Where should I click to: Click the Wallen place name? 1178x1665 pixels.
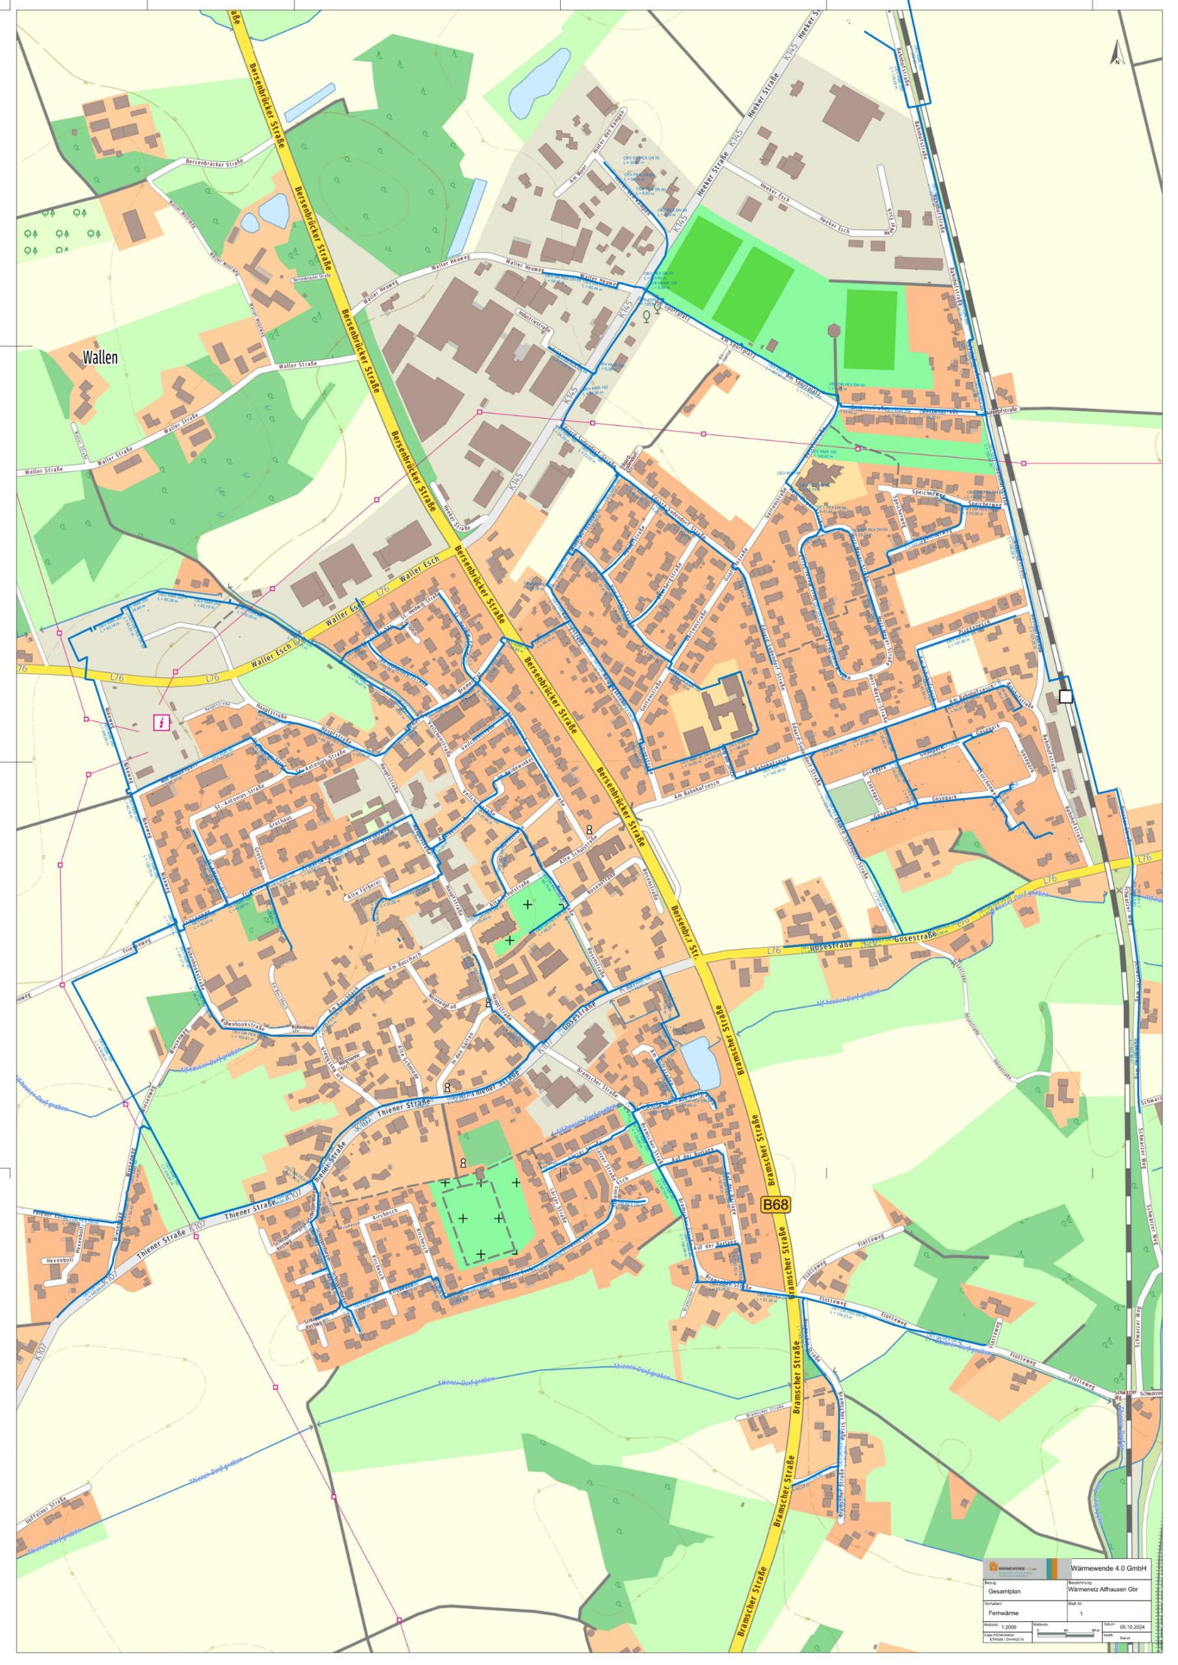point(100,358)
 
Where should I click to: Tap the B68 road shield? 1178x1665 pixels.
point(775,1205)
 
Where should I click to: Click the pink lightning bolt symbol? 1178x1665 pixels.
point(161,723)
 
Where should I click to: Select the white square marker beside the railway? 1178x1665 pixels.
point(1065,696)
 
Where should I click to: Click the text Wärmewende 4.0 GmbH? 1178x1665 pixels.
point(1108,1568)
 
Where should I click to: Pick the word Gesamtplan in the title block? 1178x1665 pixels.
point(1004,1591)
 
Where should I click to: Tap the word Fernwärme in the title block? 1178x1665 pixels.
point(1003,1614)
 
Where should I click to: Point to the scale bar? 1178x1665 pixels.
point(1066,1634)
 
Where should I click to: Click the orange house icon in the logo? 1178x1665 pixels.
point(994,1566)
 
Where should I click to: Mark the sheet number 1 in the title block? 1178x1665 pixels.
point(1082,1614)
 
